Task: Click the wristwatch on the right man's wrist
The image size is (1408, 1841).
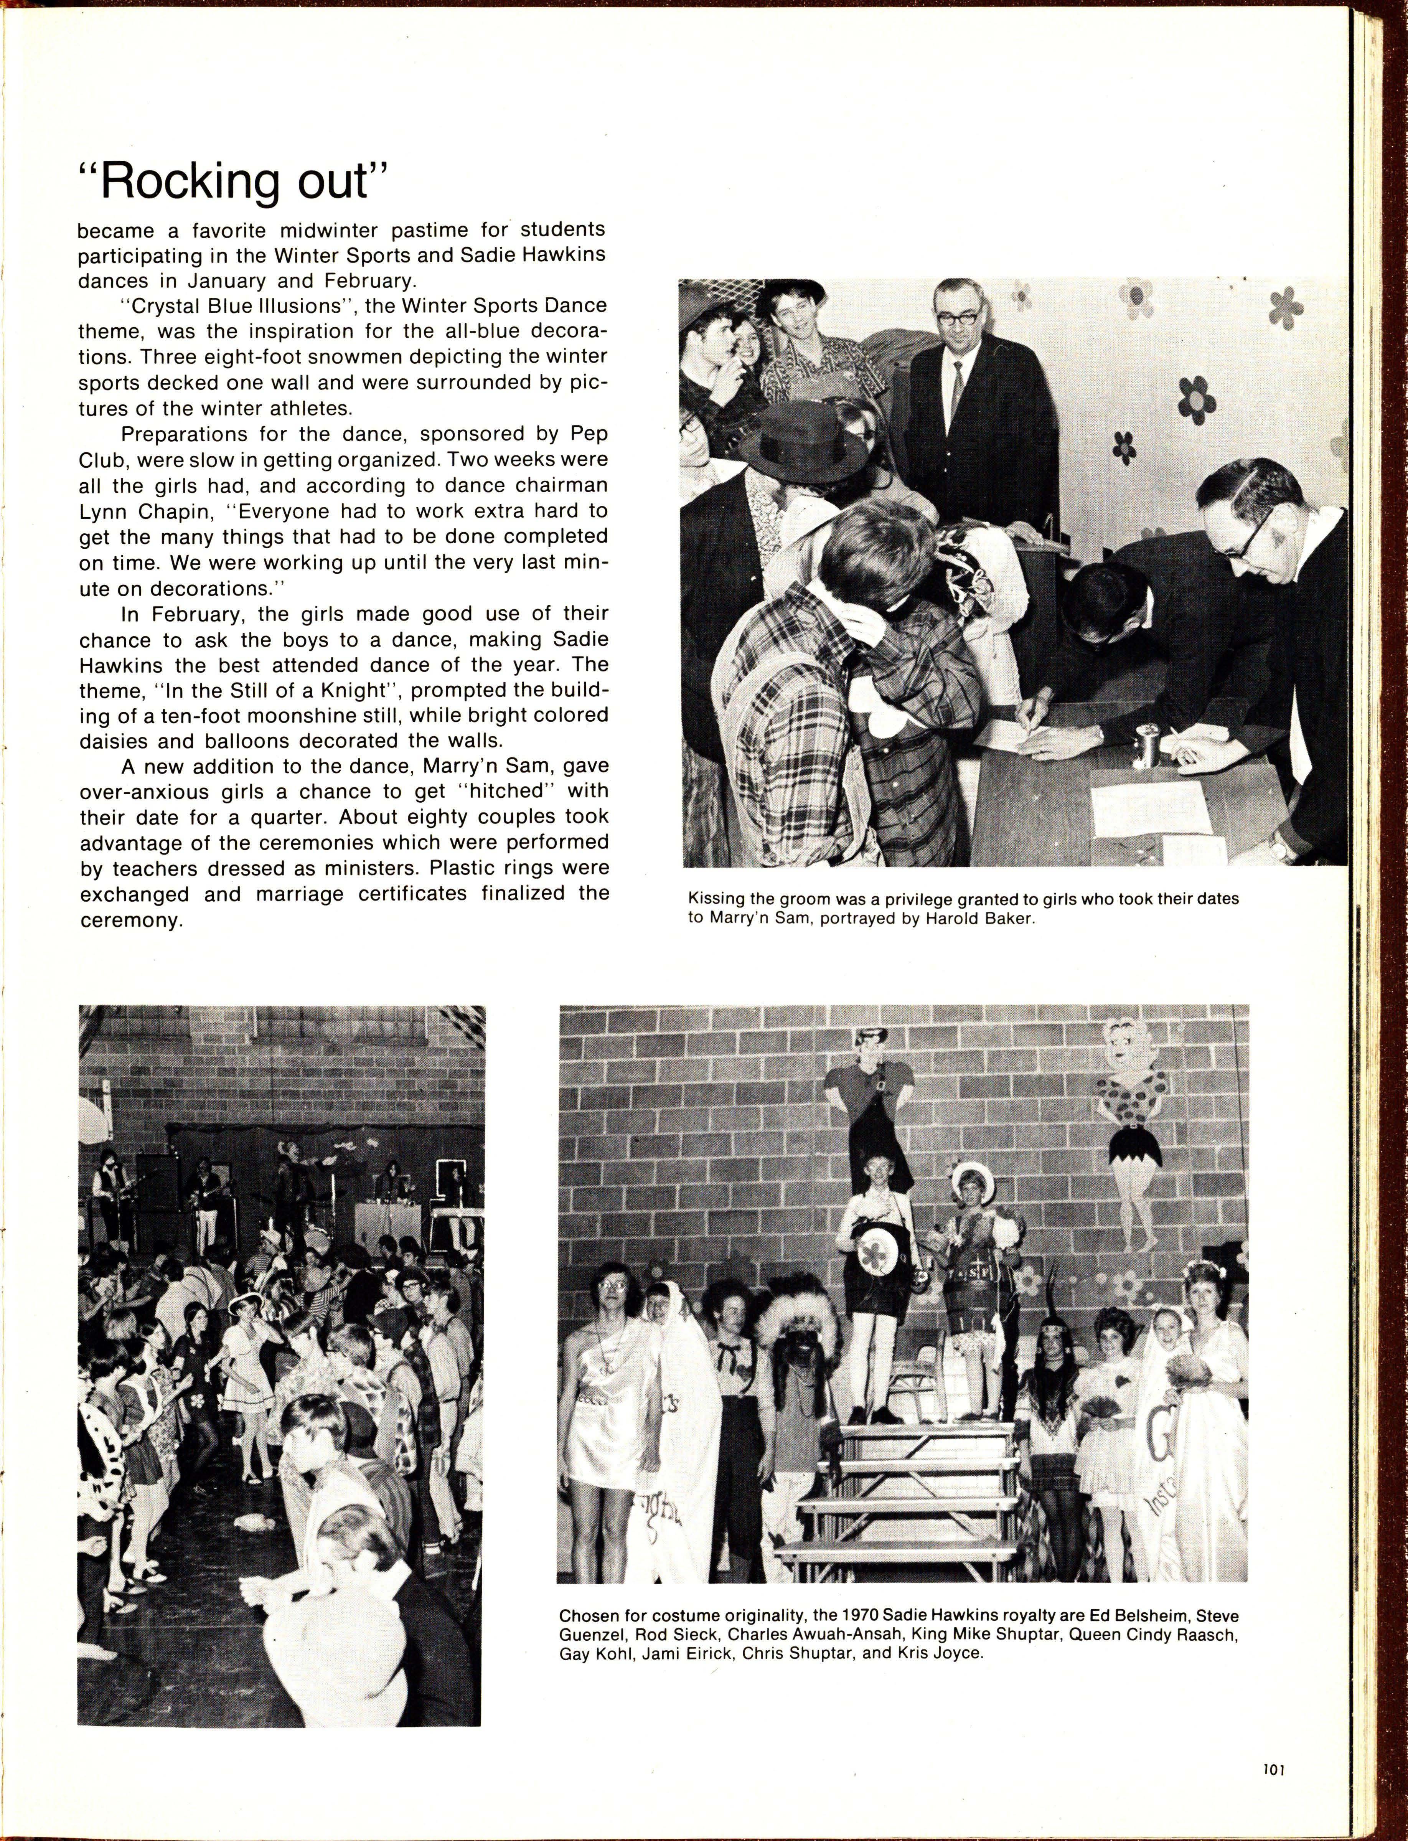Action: coord(1281,850)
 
